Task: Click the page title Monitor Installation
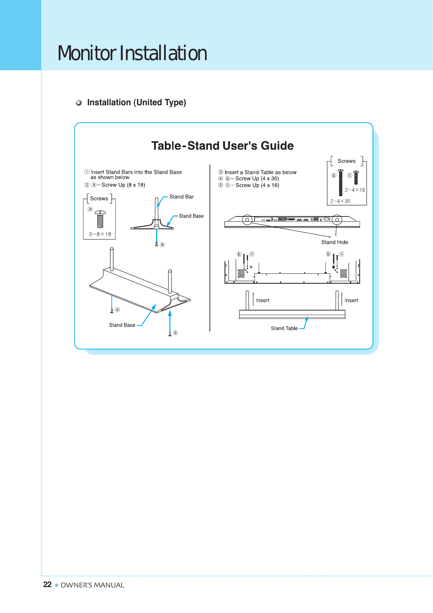[x=132, y=53]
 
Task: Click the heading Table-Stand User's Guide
[x=222, y=146]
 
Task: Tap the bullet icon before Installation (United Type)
[x=79, y=103]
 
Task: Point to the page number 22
[x=47, y=585]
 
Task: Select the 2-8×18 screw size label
[x=100, y=234]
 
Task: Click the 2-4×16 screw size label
[x=355, y=190]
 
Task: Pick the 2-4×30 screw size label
[x=340, y=201]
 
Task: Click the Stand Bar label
[x=182, y=197]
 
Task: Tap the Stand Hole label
[x=335, y=242]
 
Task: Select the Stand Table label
[x=284, y=328]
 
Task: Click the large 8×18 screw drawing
[x=100, y=219]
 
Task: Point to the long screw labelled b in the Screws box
[x=341, y=183]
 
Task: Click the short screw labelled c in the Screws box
[x=356, y=177]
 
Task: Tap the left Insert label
[x=262, y=300]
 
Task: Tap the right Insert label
[x=351, y=300]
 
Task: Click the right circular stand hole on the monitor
[x=337, y=220]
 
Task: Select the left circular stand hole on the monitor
[x=247, y=220]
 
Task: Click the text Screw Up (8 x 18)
[x=123, y=185]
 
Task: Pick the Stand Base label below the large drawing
[x=122, y=325]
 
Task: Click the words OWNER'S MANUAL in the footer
[x=93, y=585]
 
